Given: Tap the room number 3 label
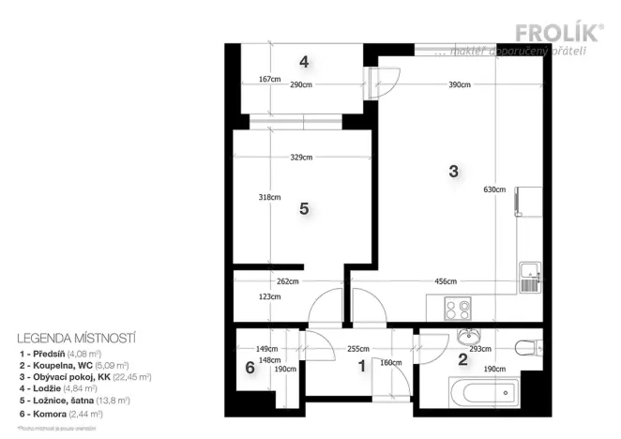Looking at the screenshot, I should point(453,172).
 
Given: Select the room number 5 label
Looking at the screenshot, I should point(303,209).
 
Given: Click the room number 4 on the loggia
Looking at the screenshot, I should point(303,63).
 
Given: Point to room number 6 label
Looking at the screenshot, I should point(250,369).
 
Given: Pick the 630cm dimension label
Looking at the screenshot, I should point(495,189).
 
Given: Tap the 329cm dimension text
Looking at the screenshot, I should point(300,158).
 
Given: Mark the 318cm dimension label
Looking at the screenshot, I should point(269,197).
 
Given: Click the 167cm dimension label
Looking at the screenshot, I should point(269,80).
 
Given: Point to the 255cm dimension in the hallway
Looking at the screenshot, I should point(357,349).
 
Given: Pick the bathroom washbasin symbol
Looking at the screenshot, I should point(466,338).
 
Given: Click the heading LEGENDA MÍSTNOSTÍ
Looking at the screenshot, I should point(78,336).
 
